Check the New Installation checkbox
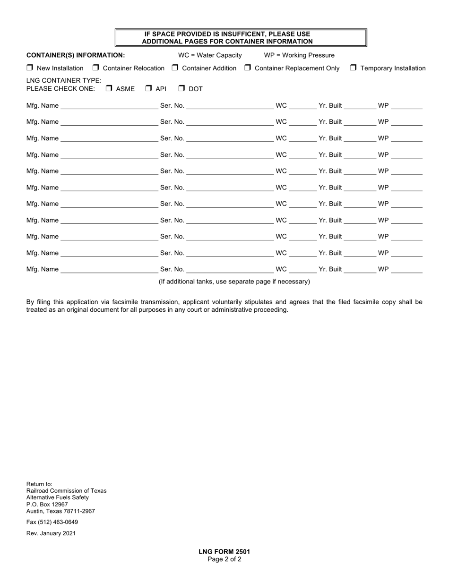click(x=30, y=68)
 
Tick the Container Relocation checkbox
click(x=96, y=68)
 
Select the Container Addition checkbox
click(x=175, y=68)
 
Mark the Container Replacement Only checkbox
click(x=248, y=68)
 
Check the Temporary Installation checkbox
click(x=353, y=68)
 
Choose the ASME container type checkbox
click(x=109, y=88)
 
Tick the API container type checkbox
click(x=148, y=88)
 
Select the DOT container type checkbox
click(x=181, y=88)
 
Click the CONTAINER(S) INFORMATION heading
click(x=76, y=55)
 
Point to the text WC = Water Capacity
click(x=210, y=55)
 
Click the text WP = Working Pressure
click(x=299, y=55)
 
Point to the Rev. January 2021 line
click(x=51, y=533)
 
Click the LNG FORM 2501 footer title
click(x=224, y=552)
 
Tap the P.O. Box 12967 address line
click(x=47, y=504)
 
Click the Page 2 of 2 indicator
click(x=224, y=559)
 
